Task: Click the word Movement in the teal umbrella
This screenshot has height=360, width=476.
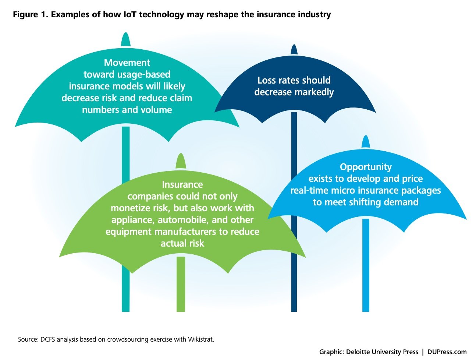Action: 127,63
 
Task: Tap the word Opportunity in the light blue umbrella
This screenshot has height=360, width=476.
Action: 366,167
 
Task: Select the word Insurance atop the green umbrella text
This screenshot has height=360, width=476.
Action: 182,184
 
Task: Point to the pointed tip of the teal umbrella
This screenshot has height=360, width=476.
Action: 125,35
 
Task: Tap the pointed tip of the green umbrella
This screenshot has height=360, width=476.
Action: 181,156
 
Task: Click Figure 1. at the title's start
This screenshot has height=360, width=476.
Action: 31,15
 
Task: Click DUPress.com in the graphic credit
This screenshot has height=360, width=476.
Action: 447,352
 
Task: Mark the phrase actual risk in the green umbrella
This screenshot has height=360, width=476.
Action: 182,243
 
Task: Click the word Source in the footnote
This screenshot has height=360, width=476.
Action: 27,339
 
